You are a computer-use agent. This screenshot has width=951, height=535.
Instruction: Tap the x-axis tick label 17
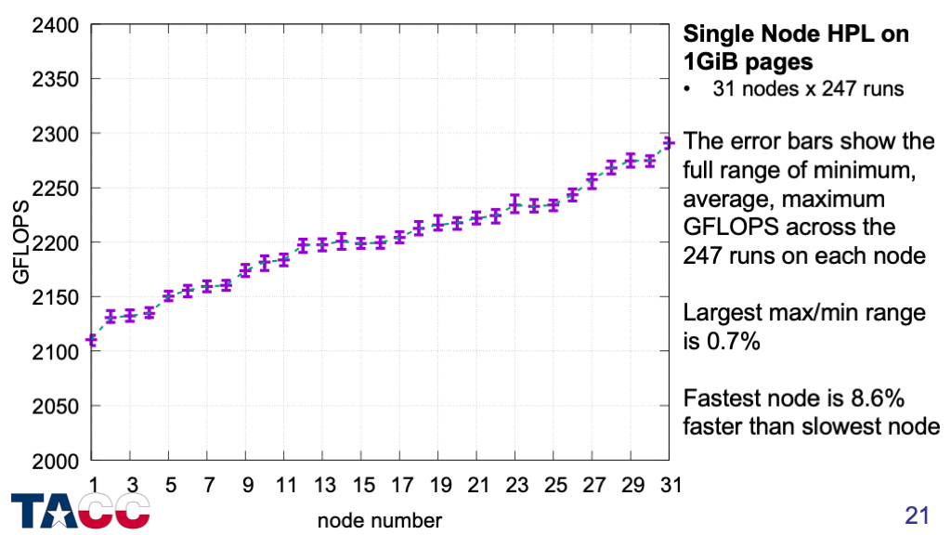400,485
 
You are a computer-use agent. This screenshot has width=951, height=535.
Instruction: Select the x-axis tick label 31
670,485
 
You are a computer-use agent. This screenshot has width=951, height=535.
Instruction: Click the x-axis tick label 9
246,485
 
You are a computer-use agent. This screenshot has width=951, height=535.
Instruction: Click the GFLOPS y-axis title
21,241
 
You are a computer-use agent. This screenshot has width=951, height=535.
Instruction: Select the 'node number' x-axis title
380,519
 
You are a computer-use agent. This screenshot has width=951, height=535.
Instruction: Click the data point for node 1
91,341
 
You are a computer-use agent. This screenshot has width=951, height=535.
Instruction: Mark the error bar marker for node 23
515,203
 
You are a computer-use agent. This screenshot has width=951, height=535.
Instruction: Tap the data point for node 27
592,181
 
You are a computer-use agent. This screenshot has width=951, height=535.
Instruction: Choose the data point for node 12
303,246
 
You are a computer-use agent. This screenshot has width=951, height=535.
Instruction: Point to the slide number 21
917,515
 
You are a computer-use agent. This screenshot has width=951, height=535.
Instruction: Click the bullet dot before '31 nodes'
688,91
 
